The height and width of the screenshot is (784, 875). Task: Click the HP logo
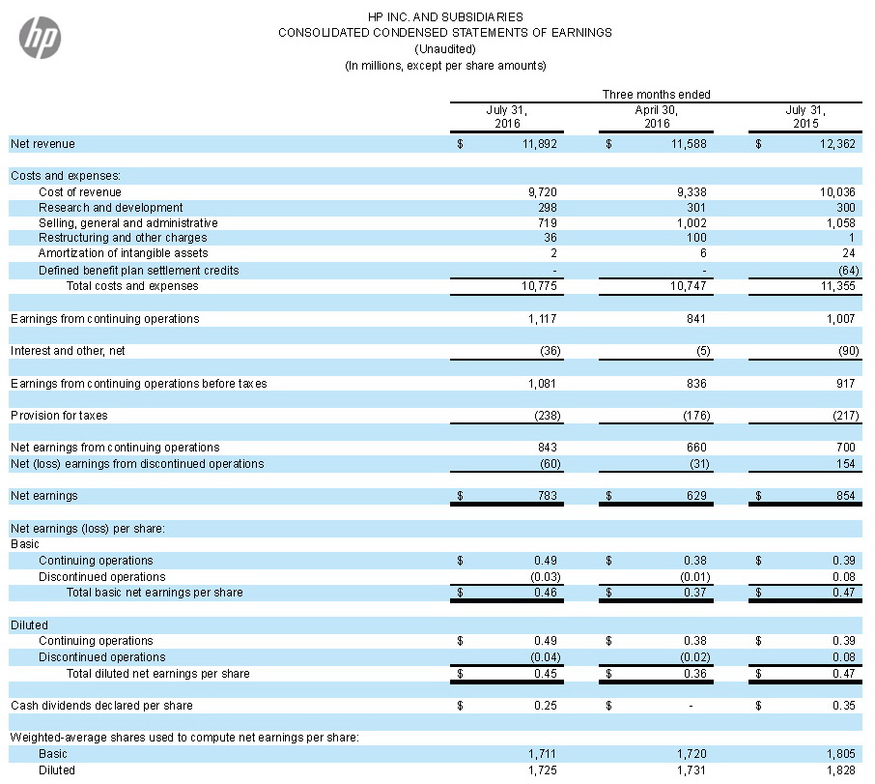tap(41, 38)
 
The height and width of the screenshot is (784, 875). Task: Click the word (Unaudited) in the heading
tap(445, 49)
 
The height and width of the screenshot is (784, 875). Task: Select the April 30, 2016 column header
tap(657, 117)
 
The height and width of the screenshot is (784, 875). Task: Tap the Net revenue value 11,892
tap(540, 144)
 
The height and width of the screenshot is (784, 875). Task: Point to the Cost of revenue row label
tap(80, 192)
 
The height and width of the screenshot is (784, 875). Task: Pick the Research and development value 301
tap(696, 208)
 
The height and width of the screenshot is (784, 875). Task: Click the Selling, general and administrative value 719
tap(548, 223)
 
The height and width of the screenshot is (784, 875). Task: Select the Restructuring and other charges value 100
tap(696, 238)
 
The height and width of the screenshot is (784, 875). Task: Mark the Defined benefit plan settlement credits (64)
tap(849, 271)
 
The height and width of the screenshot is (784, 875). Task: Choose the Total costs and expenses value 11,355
tap(837, 286)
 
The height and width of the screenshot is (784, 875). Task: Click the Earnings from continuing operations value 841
tap(696, 319)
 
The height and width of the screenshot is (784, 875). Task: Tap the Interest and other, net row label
tap(68, 351)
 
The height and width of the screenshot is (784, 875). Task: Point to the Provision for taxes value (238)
tap(548, 416)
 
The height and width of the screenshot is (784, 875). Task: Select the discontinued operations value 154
tap(846, 464)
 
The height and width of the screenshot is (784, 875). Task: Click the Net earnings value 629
tap(696, 496)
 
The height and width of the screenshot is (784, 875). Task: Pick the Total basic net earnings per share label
tap(155, 593)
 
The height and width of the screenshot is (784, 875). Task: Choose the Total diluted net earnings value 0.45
tap(546, 674)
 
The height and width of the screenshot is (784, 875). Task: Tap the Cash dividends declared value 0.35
tap(844, 706)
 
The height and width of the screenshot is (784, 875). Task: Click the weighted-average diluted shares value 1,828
tap(841, 770)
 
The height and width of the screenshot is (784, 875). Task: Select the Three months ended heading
tap(657, 95)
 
